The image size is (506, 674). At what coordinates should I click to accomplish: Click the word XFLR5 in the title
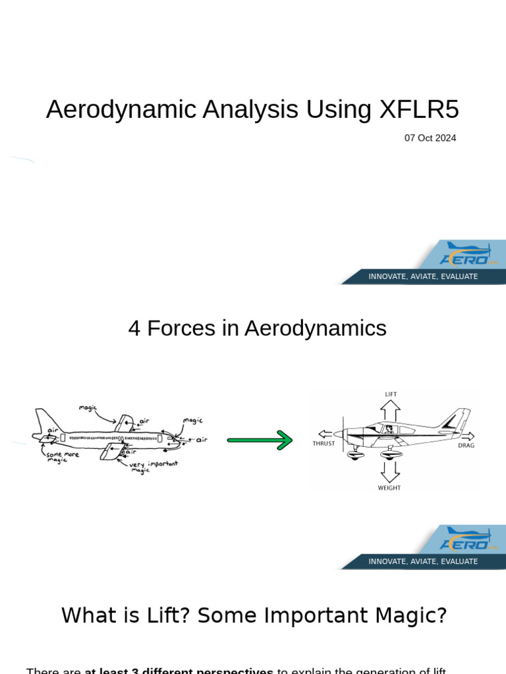click(419, 109)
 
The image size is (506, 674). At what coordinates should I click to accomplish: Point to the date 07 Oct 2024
click(430, 138)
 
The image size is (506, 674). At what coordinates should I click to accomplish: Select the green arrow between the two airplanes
click(260, 440)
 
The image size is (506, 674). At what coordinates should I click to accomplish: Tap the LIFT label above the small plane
click(391, 394)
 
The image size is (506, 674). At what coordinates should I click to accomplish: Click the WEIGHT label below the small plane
click(389, 488)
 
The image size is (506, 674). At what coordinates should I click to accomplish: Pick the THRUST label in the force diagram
click(323, 444)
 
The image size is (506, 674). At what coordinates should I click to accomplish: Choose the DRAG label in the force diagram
click(466, 446)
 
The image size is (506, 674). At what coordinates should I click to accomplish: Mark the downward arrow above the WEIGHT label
click(389, 470)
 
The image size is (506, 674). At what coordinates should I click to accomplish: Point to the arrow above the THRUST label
click(325, 434)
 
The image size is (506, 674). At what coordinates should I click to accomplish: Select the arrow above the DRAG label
click(467, 436)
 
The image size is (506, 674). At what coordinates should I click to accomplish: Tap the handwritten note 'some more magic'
click(63, 456)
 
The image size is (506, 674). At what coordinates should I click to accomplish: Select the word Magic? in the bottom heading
click(408, 615)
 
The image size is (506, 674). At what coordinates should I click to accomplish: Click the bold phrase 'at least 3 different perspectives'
click(179, 671)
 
